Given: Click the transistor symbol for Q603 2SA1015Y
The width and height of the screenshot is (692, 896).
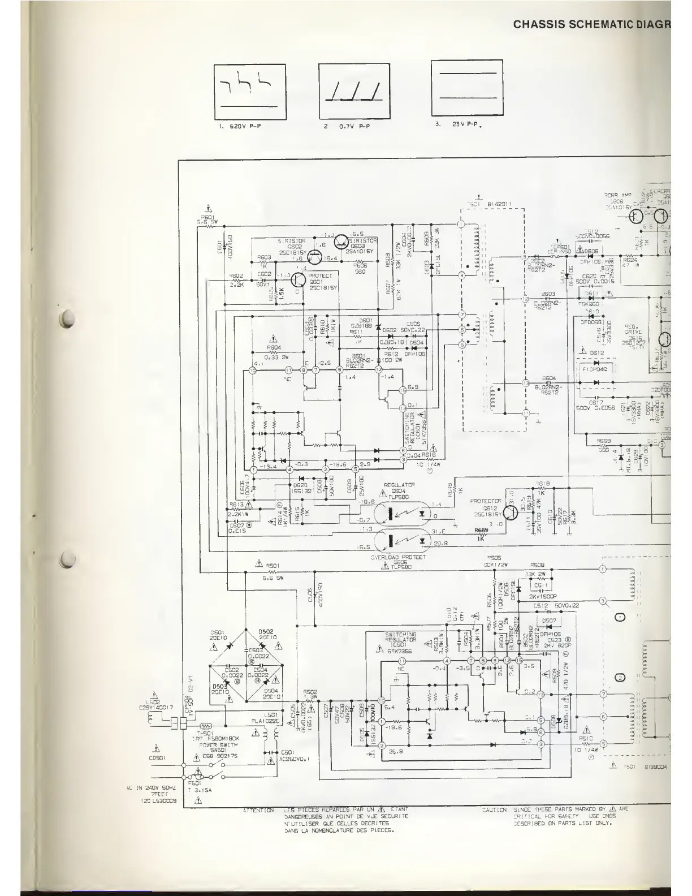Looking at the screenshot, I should pos(341,242).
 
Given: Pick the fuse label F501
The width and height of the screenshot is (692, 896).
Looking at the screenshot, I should pos(194,783).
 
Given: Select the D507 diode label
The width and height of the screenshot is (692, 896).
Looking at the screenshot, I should pos(548,620).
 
